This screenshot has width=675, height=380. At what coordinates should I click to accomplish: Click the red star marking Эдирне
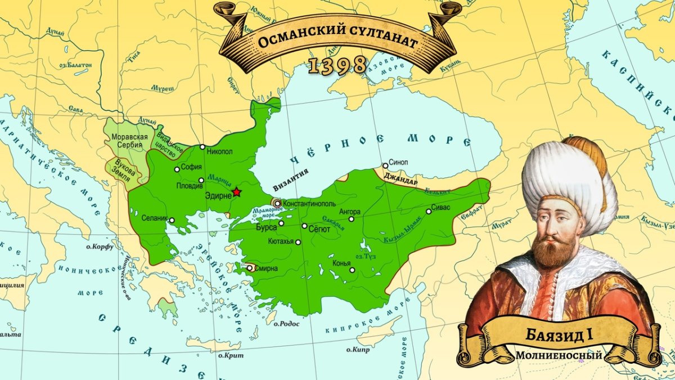[236, 193]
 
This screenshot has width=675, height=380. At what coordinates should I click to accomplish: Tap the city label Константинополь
[309, 203]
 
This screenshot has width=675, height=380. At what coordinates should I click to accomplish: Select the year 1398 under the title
[337, 66]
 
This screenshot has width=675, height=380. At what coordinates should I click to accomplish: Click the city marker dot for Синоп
[385, 166]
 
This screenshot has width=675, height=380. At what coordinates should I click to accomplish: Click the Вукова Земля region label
[124, 167]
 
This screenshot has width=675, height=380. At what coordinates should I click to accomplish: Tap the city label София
[192, 167]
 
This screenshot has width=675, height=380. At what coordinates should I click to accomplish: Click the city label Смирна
[266, 269]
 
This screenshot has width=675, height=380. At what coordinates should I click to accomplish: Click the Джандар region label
[400, 182]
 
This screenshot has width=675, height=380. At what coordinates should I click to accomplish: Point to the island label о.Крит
[231, 355]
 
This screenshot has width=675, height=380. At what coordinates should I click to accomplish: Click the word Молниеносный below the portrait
[559, 356]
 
